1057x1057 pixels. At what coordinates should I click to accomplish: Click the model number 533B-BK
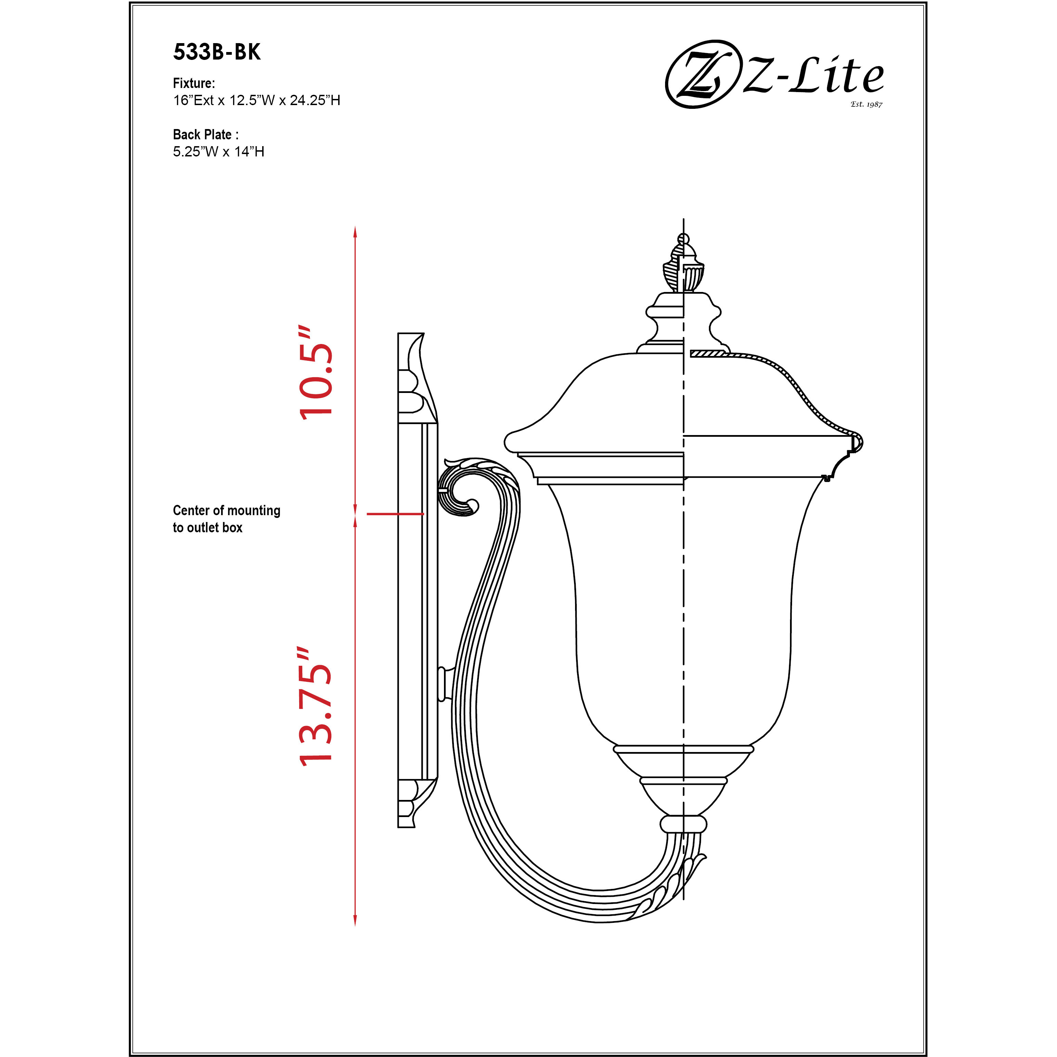217,52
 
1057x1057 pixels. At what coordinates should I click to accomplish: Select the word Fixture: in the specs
194,83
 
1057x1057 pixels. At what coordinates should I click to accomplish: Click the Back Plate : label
205,135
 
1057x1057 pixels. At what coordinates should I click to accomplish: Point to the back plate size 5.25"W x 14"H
218,152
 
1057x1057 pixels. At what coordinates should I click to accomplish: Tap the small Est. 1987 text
866,104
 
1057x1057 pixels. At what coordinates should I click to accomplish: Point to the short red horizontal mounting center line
394,514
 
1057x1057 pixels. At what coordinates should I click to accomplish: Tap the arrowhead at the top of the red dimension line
355,231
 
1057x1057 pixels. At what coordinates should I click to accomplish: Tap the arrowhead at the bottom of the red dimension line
355,920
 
